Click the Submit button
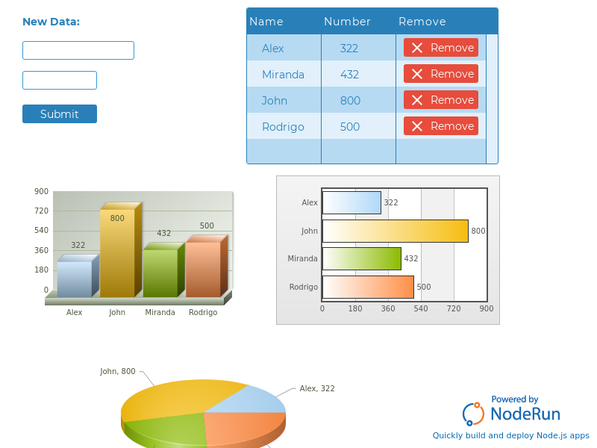click(x=60, y=113)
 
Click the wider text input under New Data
click(x=78, y=50)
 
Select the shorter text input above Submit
click(x=60, y=80)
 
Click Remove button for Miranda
click(x=441, y=74)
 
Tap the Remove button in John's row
click(x=441, y=100)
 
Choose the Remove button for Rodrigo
click(x=441, y=126)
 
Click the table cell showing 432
click(x=350, y=74)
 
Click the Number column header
click(x=347, y=22)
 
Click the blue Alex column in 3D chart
click(x=75, y=279)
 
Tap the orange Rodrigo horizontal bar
click(x=368, y=287)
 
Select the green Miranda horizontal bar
click(x=362, y=258)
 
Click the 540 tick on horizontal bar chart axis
click(x=421, y=308)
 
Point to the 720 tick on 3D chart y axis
click(x=41, y=211)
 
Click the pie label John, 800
click(x=118, y=371)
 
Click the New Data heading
click(x=51, y=22)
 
